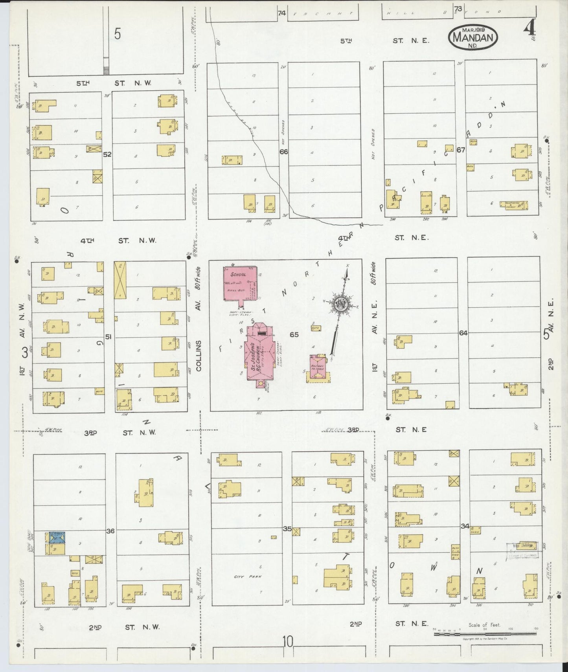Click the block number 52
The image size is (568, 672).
[x=107, y=154]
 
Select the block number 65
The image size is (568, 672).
[x=294, y=334]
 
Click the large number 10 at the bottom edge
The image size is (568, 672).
[x=287, y=642]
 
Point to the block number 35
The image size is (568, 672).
[x=287, y=529]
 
